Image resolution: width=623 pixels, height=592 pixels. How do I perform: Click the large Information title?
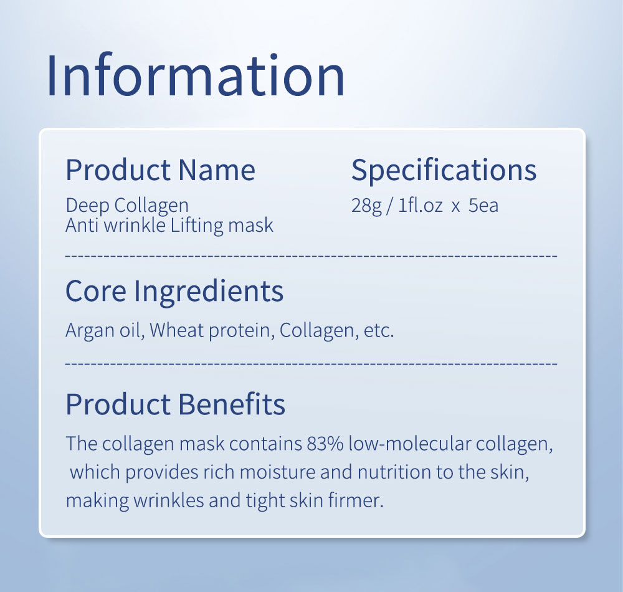coord(196,75)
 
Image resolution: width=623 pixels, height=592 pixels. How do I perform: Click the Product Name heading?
coord(161,170)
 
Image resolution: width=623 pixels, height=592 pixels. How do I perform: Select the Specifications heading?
coord(444,171)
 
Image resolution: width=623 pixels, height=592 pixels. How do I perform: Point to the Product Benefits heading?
coord(176,404)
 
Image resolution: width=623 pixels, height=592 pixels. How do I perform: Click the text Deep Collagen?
coord(127,206)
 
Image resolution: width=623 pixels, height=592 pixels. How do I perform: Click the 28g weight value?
coord(366,206)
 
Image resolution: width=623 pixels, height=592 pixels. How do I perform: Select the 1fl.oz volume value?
coord(421,206)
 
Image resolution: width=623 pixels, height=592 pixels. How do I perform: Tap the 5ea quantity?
coord(483,206)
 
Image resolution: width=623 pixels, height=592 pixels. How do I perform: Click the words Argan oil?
coord(105,330)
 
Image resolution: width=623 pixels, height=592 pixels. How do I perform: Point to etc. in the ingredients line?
coord(379,330)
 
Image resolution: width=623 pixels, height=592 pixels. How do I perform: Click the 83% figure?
coord(325,444)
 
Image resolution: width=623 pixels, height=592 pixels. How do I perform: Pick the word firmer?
coord(356,500)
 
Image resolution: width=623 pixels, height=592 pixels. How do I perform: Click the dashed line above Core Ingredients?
coord(311,256)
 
